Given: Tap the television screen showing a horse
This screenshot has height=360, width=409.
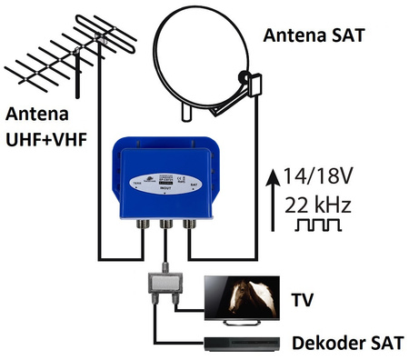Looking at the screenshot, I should click(x=237, y=299).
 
